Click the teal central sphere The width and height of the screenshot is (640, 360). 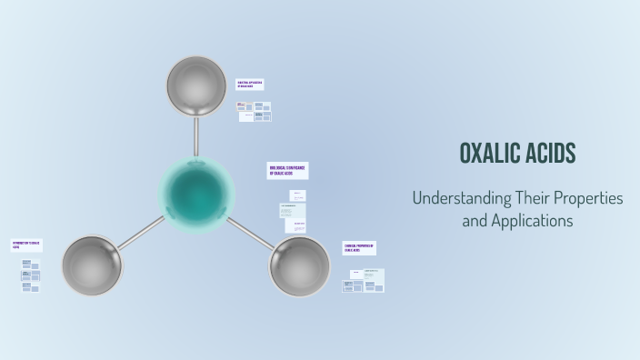[196, 193]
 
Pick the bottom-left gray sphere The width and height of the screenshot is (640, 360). [91, 265]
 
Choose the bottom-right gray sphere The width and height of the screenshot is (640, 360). [299, 265]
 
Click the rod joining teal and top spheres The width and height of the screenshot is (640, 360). [196, 136]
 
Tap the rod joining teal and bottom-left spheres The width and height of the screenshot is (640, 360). [141, 232]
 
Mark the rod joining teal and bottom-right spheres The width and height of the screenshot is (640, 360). [249, 232]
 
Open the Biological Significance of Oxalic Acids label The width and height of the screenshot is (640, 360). [287, 171]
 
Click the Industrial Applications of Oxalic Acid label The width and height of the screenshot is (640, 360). [250, 85]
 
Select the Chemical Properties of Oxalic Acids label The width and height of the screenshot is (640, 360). [359, 248]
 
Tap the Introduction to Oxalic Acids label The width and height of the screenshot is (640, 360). [26, 245]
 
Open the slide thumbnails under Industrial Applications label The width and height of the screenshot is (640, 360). [255, 111]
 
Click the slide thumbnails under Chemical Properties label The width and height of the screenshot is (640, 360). [364, 280]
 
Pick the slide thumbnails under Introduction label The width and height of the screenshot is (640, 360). [31, 275]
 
